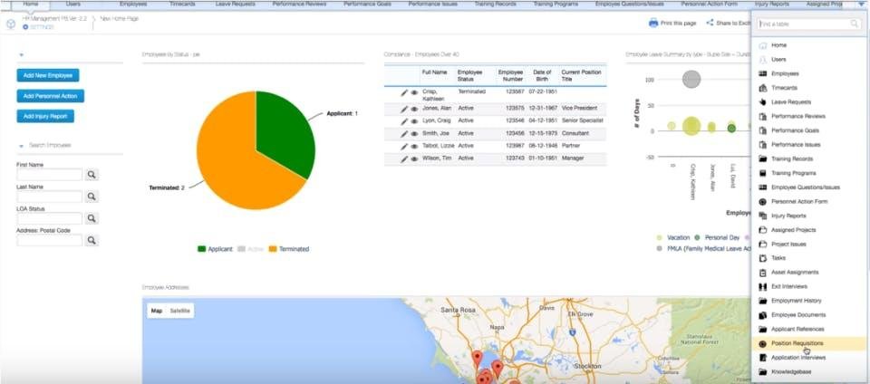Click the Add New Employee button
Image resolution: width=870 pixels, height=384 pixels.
(x=49, y=75)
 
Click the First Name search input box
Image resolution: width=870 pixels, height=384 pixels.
(x=49, y=174)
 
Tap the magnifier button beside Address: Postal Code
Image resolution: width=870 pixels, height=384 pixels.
(x=92, y=240)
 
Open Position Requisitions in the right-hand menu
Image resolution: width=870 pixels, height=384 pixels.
(x=797, y=343)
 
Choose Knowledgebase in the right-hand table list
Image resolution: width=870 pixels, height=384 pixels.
(x=791, y=371)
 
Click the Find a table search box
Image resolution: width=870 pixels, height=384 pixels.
(x=809, y=24)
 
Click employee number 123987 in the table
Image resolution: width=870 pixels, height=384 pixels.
(x=512, y=145)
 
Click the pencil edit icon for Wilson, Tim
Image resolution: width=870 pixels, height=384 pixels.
(x=404, y=158)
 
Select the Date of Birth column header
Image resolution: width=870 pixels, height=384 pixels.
(x=543, y=74)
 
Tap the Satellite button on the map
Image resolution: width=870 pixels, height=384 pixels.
(x=180, y=311)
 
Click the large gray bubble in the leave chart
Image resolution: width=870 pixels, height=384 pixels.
(x=691, y=79)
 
